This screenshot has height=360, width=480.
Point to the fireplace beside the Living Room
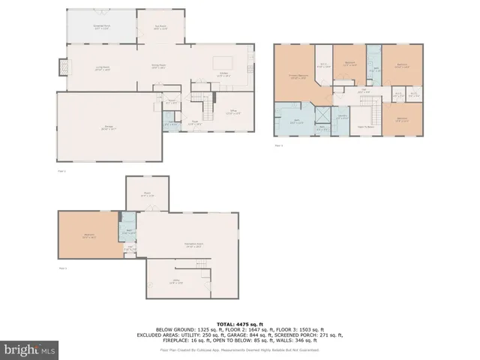61,70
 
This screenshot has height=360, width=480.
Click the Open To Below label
366,127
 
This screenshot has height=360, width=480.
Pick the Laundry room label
342,116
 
